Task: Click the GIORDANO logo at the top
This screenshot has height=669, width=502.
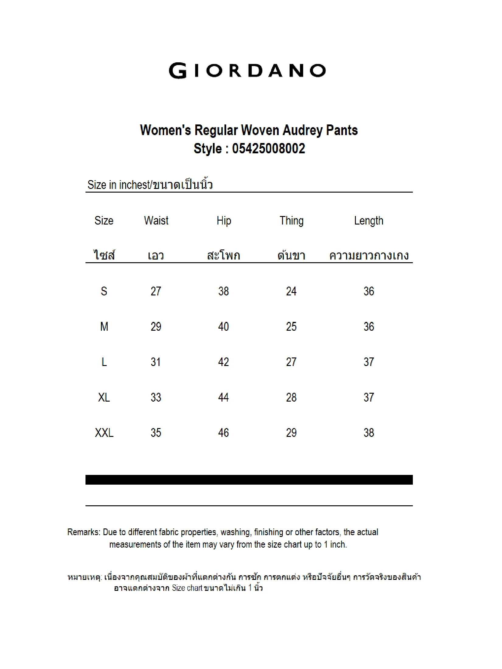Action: (247, 71)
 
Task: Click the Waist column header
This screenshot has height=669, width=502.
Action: (156, 221)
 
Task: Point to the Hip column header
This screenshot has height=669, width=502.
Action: (224, 221)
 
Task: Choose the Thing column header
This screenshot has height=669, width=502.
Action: (291, 221)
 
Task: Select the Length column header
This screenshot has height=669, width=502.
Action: (368, 221)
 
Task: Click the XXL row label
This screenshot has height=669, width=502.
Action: (104, 433)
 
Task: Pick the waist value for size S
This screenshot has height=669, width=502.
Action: (156, 291)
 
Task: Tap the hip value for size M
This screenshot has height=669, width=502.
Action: (223, 326)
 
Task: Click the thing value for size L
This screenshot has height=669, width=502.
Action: (291, 362)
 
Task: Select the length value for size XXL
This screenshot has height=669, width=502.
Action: (369, 433)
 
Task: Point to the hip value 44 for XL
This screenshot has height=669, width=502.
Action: (223, 397)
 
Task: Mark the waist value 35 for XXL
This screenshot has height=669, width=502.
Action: (156, 433)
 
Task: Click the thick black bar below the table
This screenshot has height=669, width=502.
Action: (249, 480)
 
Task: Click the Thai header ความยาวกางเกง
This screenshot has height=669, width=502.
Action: (369, 255)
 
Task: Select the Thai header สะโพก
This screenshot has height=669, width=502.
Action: (224, 255)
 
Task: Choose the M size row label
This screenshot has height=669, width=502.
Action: (104, 326)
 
